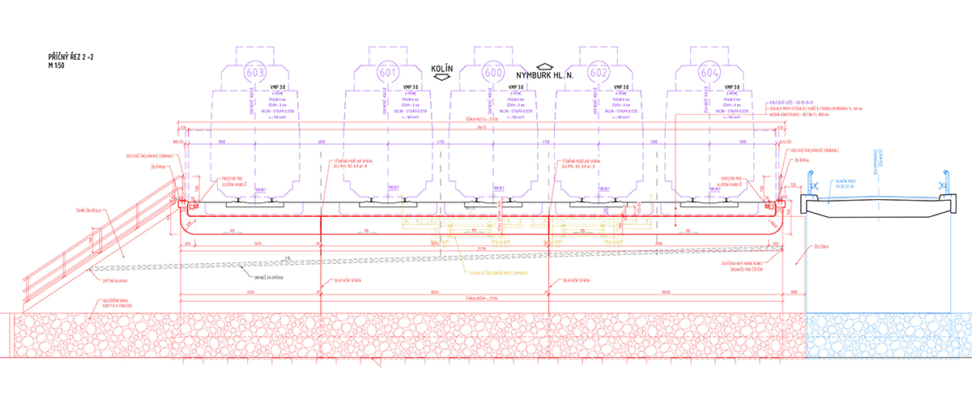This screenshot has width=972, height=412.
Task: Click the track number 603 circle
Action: click(x=255, y=70)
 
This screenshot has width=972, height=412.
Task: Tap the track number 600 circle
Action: click(x=492, y=70)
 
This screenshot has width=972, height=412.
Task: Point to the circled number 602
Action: click(x=599, y=70)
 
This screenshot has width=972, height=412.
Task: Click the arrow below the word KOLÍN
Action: click(x=442, y=79)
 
